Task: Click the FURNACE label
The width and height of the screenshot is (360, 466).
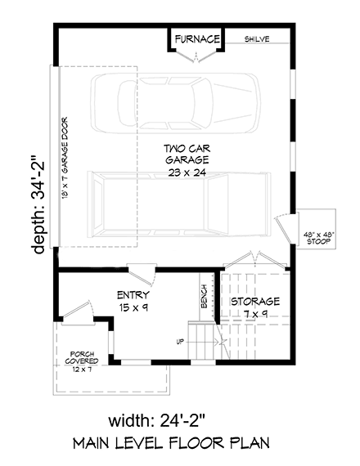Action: tap(196, 38)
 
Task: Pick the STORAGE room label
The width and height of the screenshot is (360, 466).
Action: tap(254, 302)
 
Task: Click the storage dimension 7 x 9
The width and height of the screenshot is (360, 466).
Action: tap(254, 315)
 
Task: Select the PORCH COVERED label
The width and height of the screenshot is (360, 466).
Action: tap(83, 356)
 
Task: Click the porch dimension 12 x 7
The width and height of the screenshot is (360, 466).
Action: tap(83, 370)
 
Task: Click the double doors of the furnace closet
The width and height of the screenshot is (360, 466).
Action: tap(196, 56)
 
